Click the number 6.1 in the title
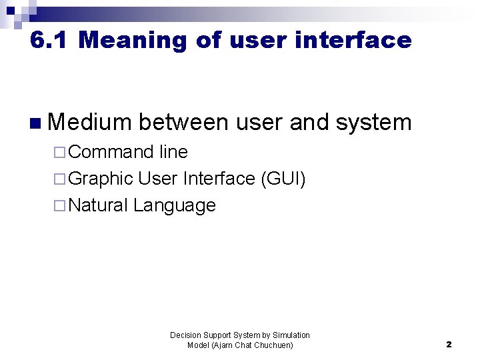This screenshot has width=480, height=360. (x=49, y=41)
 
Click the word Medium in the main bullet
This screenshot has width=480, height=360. (x=91, y=123)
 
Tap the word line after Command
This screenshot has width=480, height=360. (x=173, y=152)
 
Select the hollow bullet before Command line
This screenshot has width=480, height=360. (x=60, y=153)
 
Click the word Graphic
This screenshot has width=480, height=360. (x=101, y=179)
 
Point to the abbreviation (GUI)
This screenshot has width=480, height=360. (x=283, y=179)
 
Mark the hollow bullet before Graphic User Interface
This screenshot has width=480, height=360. (x=60, y=179)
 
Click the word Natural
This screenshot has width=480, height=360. (x=98, y=205)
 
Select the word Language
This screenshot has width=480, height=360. (x=175, y=206)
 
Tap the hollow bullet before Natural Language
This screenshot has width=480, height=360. (x=60, y=206)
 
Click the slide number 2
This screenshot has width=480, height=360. (x=449, y=345)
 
